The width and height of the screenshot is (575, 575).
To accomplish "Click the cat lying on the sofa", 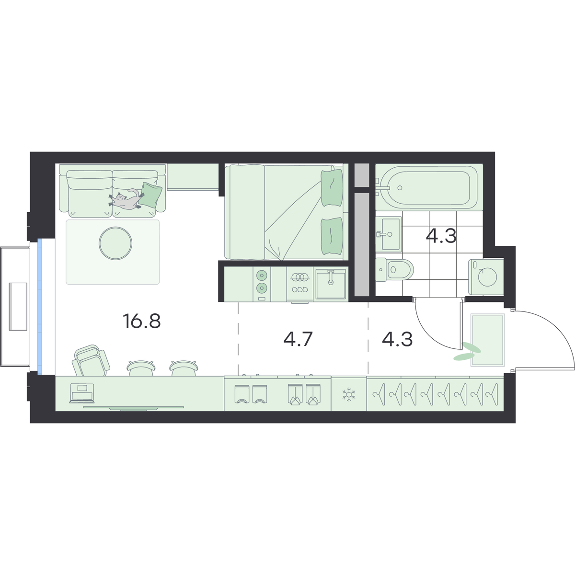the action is (x=126, y=199).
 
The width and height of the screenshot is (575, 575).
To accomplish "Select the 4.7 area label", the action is (x=298, y=339).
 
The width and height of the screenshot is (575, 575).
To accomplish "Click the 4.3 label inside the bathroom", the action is (x=441, y=236).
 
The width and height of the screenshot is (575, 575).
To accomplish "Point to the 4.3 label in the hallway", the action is (x=397, y=339).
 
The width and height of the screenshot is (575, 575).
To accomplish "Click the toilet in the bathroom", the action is (x=394, y=270).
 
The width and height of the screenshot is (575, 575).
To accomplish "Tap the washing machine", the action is (x=486, y=277).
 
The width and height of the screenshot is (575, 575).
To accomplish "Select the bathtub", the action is (x=429, y=187).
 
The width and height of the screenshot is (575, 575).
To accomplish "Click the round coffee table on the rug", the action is (x=115, y=243).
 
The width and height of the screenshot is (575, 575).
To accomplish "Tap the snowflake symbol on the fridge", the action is (x=348, y=394).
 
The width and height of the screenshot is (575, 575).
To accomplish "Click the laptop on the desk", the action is (x=81, y=393).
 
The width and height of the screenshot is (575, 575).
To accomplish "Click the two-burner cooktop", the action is (x=262, y=284).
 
